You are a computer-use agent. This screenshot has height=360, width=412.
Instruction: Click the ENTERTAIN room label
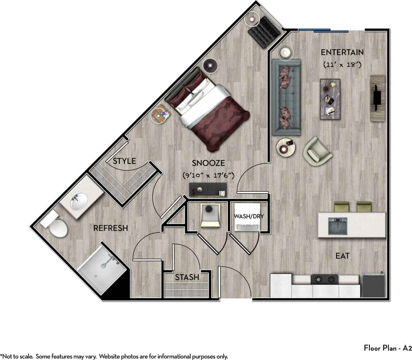coord(342,52)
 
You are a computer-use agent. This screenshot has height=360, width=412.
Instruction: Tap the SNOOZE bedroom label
coord(208,163)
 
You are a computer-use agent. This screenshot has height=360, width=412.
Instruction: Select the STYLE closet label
coord(124,161)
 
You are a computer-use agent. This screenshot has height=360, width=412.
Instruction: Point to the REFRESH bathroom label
coord(111,228)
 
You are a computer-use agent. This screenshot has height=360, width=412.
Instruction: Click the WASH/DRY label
coord(249,216)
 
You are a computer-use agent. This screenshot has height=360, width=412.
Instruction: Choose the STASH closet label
coord(187,277)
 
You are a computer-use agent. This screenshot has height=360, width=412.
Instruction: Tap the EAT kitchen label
coord(342,256)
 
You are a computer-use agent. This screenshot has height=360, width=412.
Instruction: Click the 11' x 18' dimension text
coord(342,64)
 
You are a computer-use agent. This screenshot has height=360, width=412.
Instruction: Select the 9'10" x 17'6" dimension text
coord(208,175)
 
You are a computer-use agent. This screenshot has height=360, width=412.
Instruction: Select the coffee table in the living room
coord(330,99)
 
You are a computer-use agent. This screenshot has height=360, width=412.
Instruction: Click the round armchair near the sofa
coord(317,152)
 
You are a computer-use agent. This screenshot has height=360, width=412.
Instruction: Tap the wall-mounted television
coord(377,98)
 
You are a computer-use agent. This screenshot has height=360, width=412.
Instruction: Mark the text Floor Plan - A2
coord(387,348)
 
